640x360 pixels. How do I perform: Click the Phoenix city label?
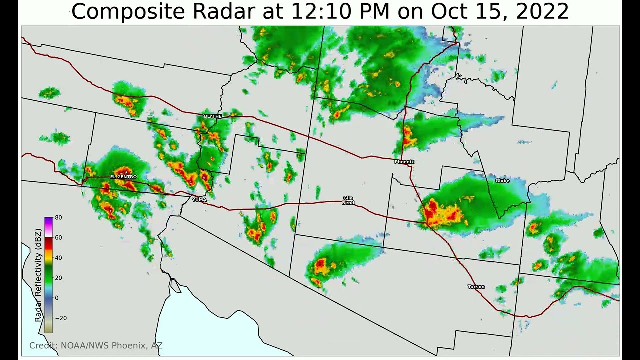pos(404,162)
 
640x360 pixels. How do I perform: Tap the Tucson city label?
pos(476,287)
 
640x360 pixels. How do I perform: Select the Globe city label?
pos(502,181)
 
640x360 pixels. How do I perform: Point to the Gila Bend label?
pos(348,200)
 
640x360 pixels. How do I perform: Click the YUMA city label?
pos(199,200)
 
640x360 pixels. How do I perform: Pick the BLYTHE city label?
pos(213,116)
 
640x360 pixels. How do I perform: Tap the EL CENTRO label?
pos(123,177)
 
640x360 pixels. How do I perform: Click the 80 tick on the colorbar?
pos(58,218)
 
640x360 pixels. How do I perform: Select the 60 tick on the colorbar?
pos(58,238)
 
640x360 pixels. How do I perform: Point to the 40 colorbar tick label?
pos(58,258)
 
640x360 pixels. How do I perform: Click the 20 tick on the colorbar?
pos(58,278)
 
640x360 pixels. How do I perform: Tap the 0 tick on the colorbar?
pos(57,298)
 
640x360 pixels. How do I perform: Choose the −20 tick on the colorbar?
pos(60,318)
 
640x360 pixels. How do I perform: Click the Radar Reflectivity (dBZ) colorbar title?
pos(38,275)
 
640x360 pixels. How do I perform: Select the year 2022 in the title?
pos(542,12)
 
